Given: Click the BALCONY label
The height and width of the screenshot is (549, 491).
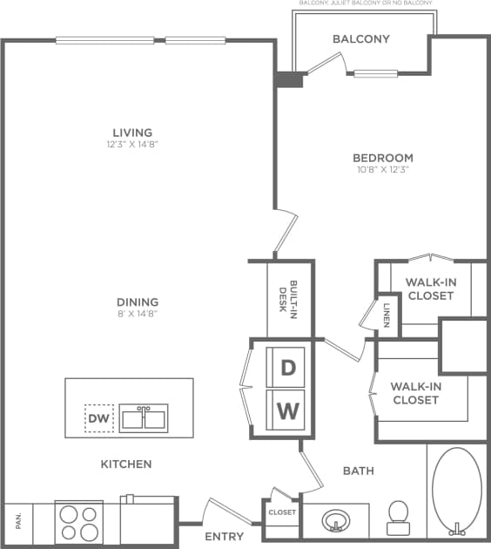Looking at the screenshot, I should click(x=361, y=39).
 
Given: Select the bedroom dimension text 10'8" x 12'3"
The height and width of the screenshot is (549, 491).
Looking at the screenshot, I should click(x=382, y=170).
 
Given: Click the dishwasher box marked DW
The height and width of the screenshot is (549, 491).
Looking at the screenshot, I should click(x=98, y=419).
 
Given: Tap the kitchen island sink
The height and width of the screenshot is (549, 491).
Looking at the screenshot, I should click(x=144, y=417).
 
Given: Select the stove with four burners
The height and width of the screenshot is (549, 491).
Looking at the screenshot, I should click(x=80, y=522).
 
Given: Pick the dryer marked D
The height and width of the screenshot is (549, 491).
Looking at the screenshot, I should click(x=286, y=367).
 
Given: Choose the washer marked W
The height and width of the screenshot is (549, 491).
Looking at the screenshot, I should click(x=286, y=409).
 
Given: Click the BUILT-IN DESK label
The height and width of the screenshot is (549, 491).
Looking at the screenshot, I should click(x=288, y=297).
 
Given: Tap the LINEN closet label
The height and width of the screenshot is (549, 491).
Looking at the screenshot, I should click(x=387, y=312).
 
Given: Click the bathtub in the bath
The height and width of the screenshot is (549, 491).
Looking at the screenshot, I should click(x=456, y=491).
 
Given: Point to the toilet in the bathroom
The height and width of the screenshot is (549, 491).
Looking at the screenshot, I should click(x=399, y=516).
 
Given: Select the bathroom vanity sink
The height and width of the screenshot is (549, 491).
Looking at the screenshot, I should click(x=335, y=521).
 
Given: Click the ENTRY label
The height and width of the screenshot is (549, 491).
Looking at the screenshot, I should click(x=224, y=537).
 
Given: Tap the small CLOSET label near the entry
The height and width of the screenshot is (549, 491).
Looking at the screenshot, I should click(x=282, y=512).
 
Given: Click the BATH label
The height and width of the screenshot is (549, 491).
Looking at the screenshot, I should click(x=358, y=471).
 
